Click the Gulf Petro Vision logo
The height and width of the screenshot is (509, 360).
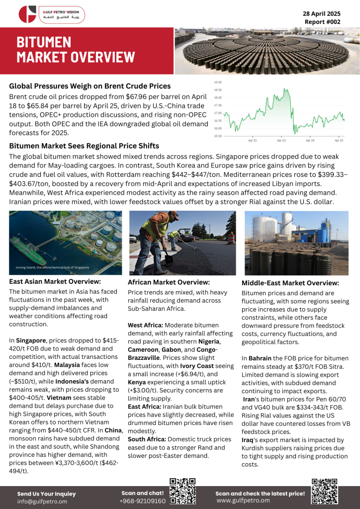(x=51, y=13)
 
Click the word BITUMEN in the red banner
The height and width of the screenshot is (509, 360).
(x=44, y=42)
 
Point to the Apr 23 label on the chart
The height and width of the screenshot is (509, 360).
(x=281, y=141)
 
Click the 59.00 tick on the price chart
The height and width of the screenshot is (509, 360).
(x=218, y=82)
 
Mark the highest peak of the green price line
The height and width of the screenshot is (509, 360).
(x=284, y=89)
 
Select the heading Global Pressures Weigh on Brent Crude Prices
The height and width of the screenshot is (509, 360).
(x=90, y=86)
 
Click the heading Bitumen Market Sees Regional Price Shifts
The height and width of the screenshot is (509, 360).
(x=84, y=146)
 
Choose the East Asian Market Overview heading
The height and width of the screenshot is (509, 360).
(x=54, y=281)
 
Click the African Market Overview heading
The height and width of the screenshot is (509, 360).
(x=169, y=282)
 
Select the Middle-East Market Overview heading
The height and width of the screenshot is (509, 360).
(x=290, y=283)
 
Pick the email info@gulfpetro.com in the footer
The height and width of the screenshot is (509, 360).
(x=42, y=502)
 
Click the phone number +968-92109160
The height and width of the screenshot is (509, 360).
(x=143, y=501)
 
